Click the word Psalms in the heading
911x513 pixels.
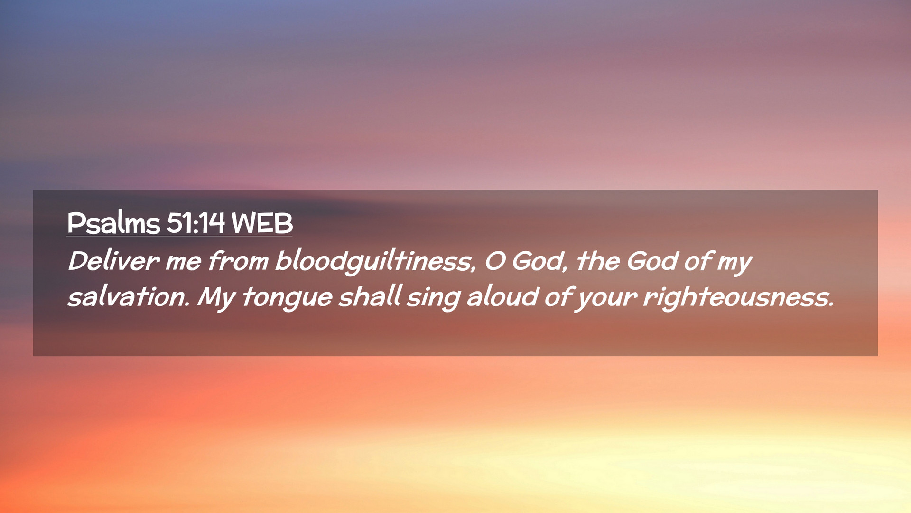click(x=113, y=222)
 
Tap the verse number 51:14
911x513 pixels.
click(x=195, y=222)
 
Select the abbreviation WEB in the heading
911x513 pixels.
click(x=262, y=222)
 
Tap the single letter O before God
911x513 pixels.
click(x=495, y=261)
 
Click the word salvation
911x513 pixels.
click(x=129, y=296)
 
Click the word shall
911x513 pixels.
click(x=371, y=296)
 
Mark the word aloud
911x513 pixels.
click(x=502, y=296)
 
